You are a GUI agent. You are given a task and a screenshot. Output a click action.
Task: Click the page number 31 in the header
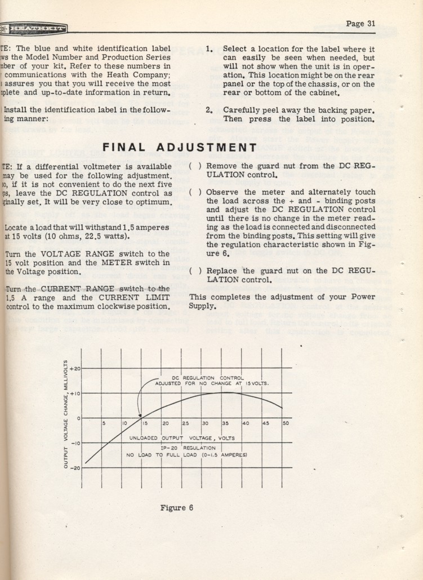point(361,24)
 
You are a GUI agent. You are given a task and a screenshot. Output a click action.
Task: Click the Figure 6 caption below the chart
point(177,507)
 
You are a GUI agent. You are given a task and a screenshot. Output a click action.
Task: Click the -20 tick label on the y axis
point(74,468)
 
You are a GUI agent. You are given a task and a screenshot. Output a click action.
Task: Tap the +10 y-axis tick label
point(74,393)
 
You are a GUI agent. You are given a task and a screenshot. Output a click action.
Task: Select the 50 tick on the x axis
point(286,423)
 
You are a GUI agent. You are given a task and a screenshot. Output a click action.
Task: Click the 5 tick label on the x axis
point(104,423)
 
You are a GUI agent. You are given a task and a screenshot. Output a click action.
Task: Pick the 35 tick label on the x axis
point(225,423)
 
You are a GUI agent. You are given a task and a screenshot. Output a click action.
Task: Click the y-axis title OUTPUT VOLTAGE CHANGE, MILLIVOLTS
point(66,414)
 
